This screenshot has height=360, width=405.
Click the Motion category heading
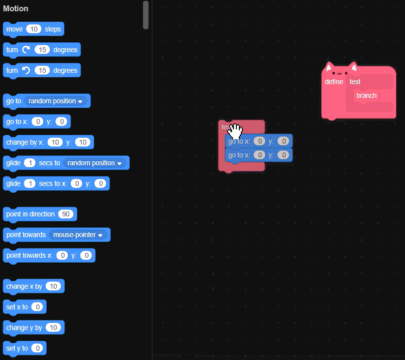[x=16, y=8]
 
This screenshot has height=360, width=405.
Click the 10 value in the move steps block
[x=33, y=29]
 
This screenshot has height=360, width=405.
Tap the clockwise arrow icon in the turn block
[x=26, y=50]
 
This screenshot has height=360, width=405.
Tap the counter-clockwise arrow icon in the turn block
[x=26, y=70]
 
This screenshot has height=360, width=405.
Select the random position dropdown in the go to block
[x=56, y=101]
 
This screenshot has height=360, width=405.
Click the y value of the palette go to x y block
[x=61, y=121]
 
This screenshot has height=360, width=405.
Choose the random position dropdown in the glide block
[x=94, y=163]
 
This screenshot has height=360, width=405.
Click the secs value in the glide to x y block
[x=29, y=183]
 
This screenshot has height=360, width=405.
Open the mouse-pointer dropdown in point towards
[x=79, y=235]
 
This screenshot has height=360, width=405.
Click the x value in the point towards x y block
[x=61, y=255]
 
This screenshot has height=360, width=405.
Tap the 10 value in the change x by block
[x=53, y=286]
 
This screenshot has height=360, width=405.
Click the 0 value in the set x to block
[x=37, y=307]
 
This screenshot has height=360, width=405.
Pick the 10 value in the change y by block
[x=53, y=328]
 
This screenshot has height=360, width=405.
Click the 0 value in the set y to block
[x=37, y=348]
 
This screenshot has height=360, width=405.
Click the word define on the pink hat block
[x=334, y=82]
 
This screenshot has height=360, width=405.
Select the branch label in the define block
[x=366, y=95]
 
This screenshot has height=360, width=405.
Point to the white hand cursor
[x=235, y=131]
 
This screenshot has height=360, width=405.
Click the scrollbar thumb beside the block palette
[x=145, y=15]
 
